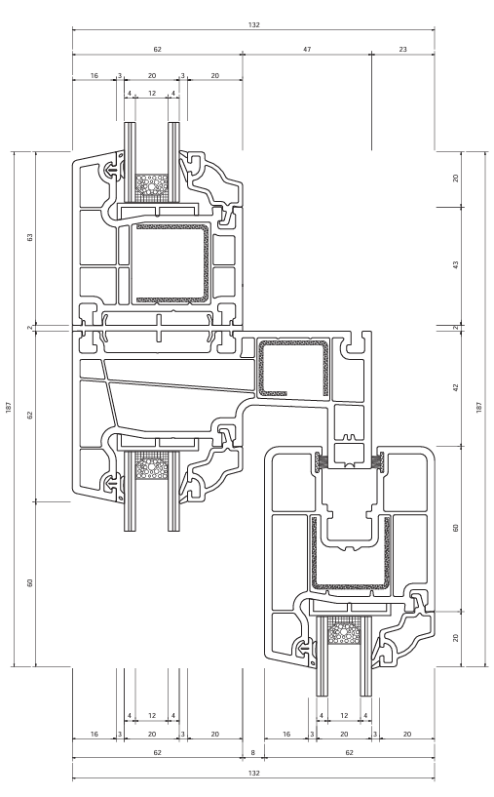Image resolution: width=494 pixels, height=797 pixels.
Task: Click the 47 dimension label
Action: point(307,50)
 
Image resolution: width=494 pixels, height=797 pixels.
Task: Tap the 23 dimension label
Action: point(402,50)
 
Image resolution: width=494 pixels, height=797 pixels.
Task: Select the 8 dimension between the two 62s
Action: point(252,752)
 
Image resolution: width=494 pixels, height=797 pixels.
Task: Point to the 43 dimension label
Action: point(455,264)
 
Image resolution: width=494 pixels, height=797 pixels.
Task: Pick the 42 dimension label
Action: point(455,387)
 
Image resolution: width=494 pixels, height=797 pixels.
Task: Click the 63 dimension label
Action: point(30,237)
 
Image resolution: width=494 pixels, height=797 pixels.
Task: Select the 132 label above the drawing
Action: point(254,24)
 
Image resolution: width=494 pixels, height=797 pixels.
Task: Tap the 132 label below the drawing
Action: point(254,774)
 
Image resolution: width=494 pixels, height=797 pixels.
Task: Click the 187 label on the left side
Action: point(9,407)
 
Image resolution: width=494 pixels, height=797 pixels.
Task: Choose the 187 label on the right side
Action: point(478,407)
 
